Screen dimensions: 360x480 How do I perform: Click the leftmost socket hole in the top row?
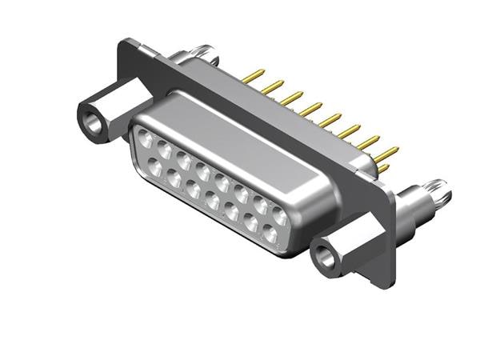145,137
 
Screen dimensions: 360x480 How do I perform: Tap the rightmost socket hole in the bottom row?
270,235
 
